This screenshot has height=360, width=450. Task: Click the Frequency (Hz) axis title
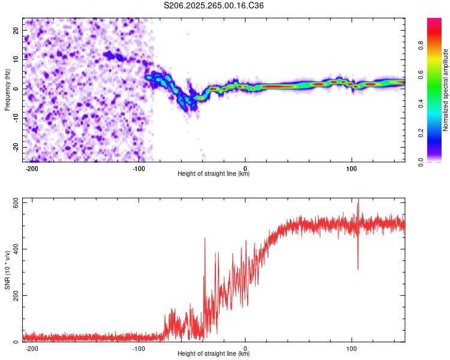click(7, 90)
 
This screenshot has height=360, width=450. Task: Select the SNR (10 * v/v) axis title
click(7, 270)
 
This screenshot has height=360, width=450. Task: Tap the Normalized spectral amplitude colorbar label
click(446, 90)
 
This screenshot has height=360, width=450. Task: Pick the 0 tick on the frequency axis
click(17, 89)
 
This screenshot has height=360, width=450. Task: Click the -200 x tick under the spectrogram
click(32, 167)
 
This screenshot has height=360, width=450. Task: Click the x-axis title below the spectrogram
click(214, 174)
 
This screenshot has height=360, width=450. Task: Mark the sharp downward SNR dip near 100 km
click(358, 268)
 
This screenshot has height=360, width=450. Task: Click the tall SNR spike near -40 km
click(205, 239)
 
